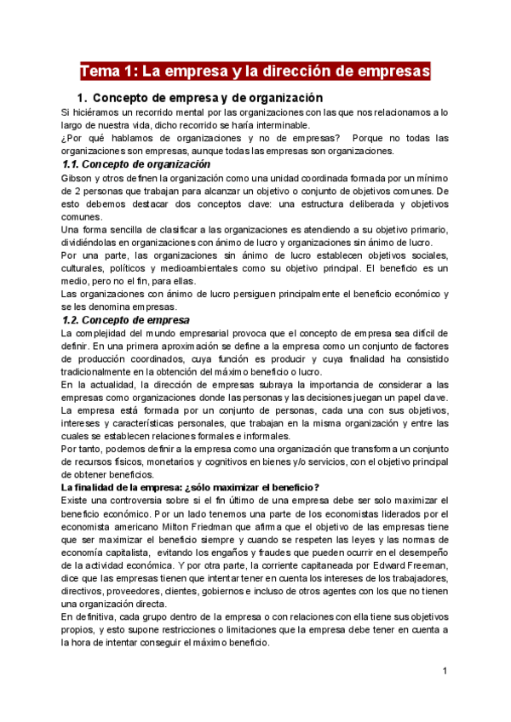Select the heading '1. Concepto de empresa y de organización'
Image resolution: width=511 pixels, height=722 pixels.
199,98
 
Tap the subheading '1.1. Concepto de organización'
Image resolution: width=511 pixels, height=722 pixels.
136,164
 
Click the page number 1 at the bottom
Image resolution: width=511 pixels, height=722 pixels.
445,672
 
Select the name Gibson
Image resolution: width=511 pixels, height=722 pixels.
78,178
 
